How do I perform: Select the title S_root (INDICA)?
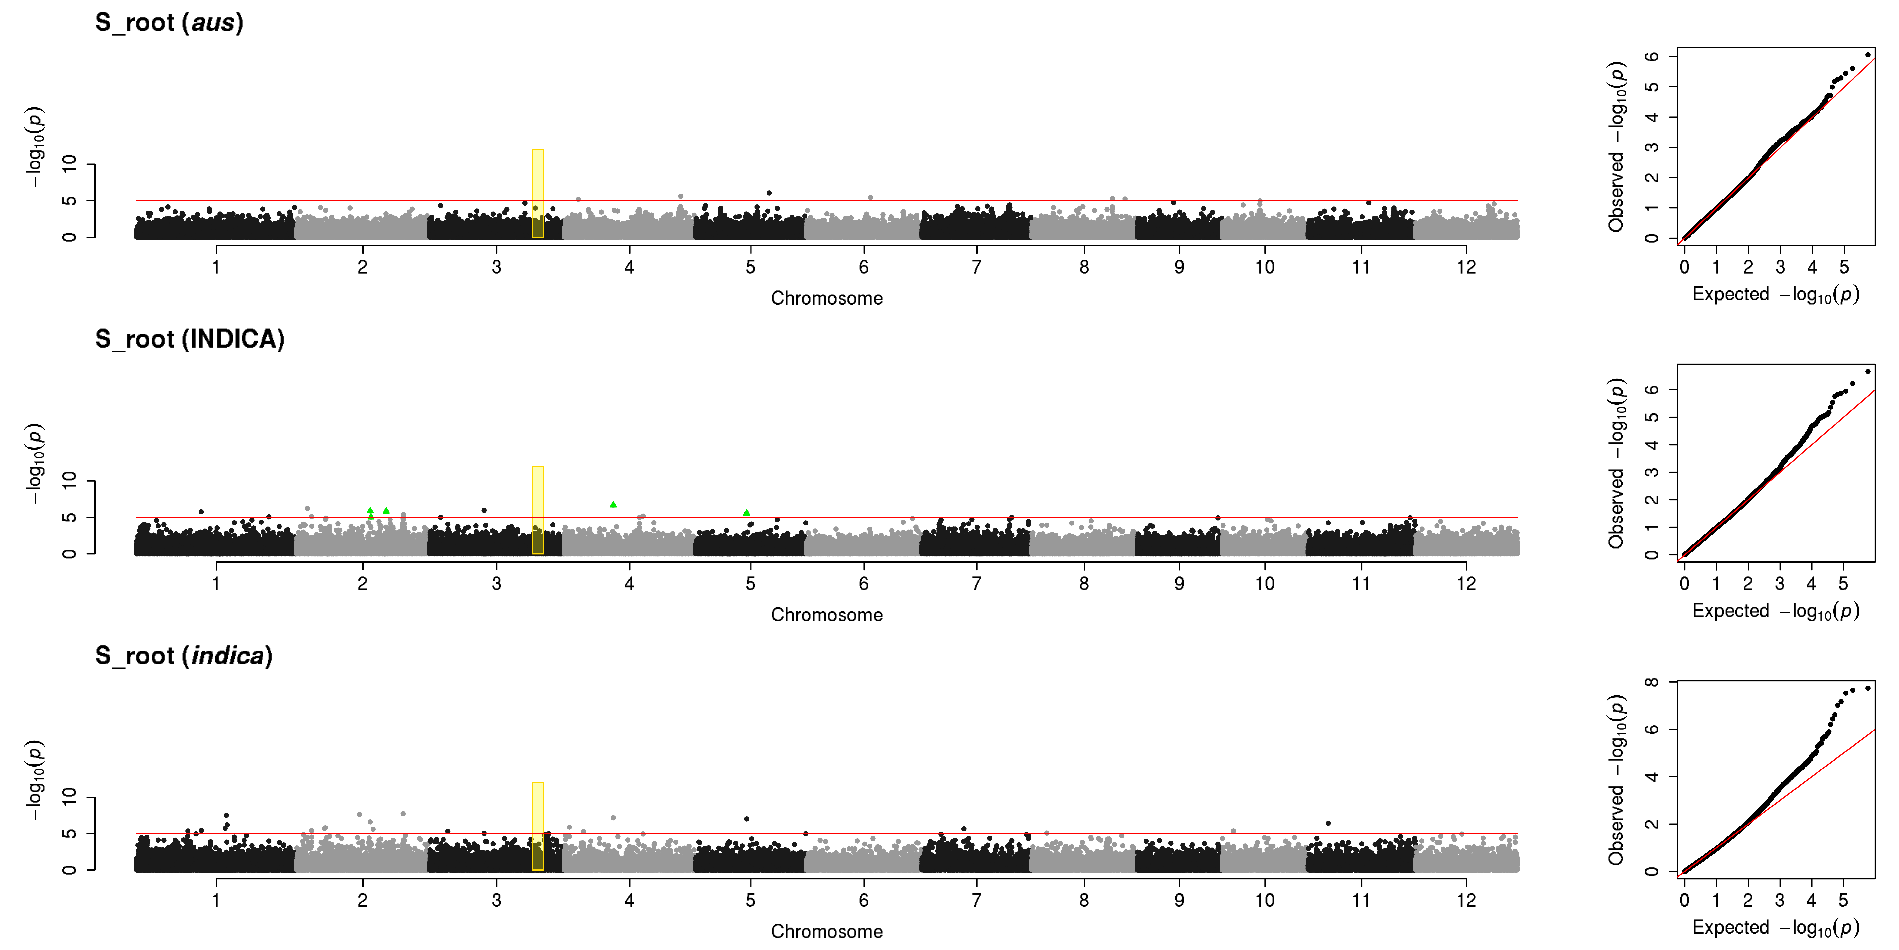coord(190,339)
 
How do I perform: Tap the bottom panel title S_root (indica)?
coord(184,656)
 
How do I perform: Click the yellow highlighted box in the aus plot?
coord(537,193)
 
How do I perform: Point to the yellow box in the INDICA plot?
coord(537,510)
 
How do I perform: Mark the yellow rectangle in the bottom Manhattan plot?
coord(537,826)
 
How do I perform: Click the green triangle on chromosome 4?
coord(613,504)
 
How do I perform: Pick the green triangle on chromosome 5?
coord(747,513)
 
